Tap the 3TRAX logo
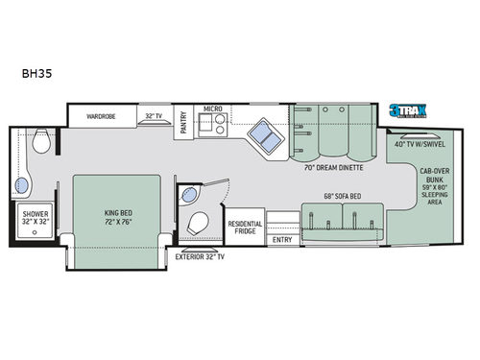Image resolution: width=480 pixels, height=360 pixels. click(406, 111)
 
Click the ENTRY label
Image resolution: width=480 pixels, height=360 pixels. click(282, 240)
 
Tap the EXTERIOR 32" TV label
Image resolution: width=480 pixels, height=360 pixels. click(201, 257)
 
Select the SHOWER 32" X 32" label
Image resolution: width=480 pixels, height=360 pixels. click(36, 217)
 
